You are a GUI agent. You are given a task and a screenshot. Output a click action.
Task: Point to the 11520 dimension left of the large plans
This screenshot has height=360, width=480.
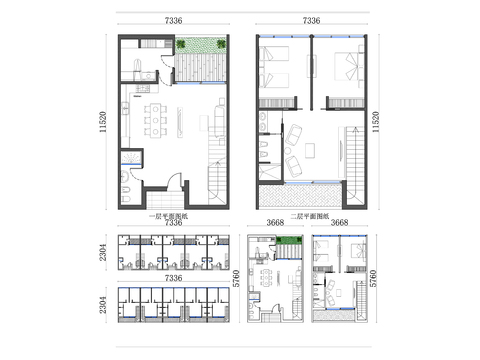[x=104, y=121]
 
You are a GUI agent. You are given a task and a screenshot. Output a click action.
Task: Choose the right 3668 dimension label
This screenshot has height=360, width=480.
[x=338, y=224]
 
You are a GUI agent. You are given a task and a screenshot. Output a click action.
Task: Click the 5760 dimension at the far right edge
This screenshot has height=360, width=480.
[x=373, y=278]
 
